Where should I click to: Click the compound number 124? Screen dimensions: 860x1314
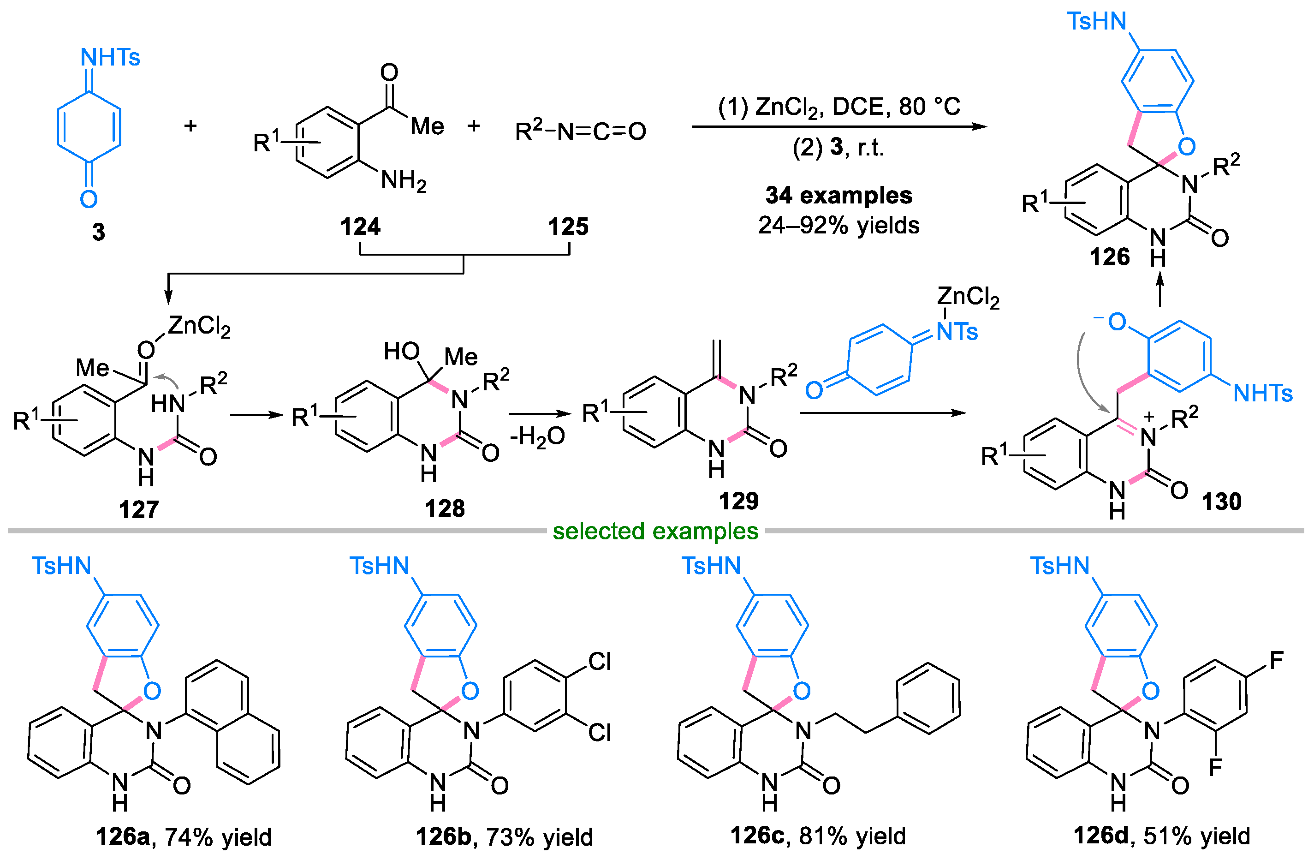(360, 227)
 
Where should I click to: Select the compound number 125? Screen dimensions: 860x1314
(568, 227)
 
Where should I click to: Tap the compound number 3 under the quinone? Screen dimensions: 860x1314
(98, 232)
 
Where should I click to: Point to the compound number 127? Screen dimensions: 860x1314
(138, 509)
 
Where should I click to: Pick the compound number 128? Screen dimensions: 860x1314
(445, 508)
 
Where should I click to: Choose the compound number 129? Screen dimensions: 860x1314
(739, 501)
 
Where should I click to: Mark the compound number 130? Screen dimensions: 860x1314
(1221, 502)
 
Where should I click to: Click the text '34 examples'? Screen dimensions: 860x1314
(838, 195)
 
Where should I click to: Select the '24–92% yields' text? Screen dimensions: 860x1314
(838, 225)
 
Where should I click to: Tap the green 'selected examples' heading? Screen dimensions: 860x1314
(655, 532)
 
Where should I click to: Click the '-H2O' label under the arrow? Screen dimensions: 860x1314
(537, 437)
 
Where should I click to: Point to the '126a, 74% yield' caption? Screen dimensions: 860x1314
(184, 837)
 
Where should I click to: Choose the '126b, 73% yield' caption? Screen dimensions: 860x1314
(504, 837)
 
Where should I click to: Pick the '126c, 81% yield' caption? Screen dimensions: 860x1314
(818, 836)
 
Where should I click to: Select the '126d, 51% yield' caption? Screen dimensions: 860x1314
(1162, 836)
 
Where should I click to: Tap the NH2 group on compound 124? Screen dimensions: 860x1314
(404, 180)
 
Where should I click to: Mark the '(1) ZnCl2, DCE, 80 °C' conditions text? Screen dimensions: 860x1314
(838, 107)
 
